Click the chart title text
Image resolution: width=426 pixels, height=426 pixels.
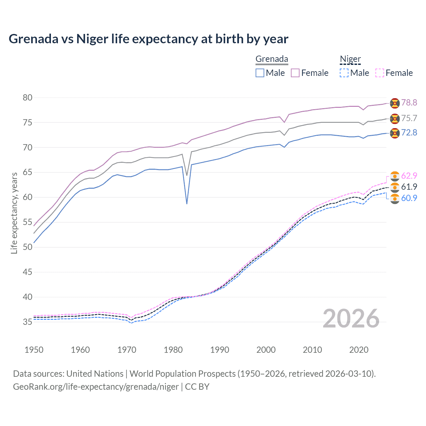148,39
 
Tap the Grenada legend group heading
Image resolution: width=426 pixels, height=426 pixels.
272,59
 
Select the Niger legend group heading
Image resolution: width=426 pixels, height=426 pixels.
350,59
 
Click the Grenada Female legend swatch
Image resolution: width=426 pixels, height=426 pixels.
295,73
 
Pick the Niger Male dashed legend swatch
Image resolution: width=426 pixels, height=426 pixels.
344,73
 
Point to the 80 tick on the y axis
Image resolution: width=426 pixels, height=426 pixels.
28,98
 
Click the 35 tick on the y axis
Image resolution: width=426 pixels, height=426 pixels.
28,322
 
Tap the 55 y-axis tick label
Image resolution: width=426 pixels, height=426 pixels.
28,222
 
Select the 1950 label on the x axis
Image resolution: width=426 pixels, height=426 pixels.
34,350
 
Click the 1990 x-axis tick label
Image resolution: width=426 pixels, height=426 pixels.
220,350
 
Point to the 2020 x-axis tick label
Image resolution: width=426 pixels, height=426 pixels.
359,350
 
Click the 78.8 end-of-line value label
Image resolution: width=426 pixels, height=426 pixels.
409,103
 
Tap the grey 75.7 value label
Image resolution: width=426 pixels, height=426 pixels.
409,118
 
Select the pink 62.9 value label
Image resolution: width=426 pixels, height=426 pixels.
409,176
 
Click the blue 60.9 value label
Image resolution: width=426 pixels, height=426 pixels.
409,198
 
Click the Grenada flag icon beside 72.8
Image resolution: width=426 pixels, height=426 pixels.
395,133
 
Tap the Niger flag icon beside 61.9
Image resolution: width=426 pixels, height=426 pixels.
395,187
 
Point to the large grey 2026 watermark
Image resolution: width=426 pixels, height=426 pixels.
351,319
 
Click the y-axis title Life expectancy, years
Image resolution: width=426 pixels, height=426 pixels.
14,213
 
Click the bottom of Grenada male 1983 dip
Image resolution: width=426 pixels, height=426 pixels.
187,204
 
